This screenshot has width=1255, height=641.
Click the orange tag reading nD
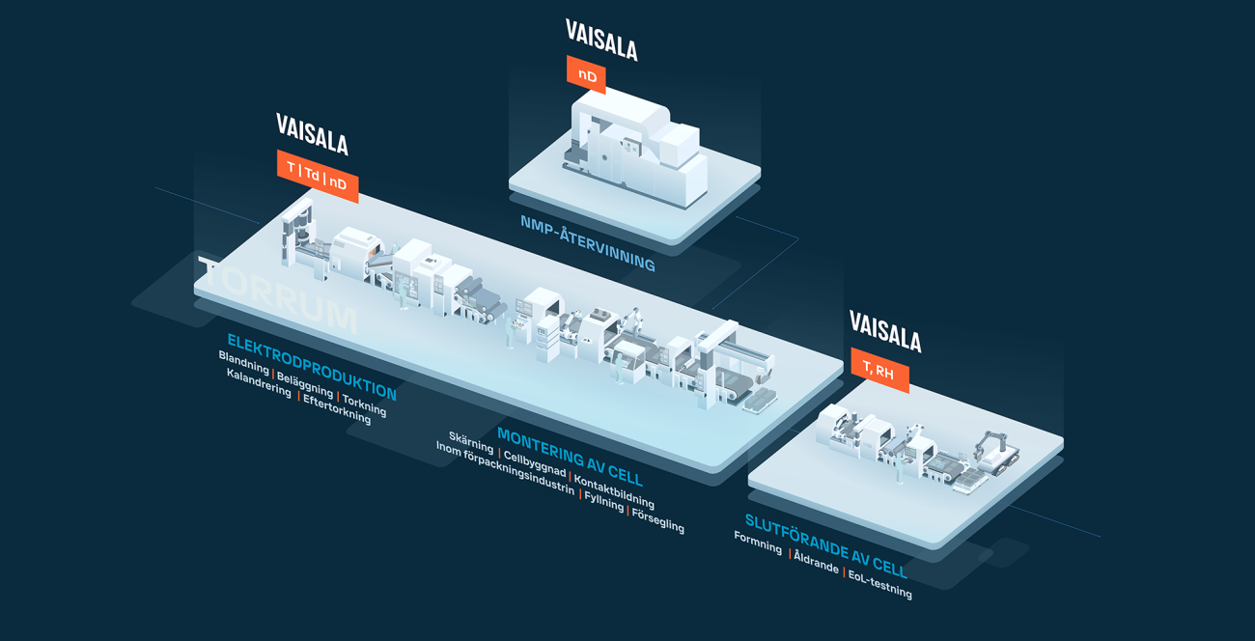point(586,74)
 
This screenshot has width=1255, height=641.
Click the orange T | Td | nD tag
point(317,176)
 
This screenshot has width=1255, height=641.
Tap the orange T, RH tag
point(878,370)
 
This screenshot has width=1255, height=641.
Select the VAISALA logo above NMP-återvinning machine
point(601,40)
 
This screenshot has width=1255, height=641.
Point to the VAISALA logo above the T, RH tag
point(884,331)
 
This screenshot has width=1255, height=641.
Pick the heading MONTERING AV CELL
point(569,456)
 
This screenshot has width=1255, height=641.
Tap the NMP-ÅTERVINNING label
point(587,242)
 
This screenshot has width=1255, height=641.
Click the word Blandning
point(243,363)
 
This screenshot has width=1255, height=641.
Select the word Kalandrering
point(258,382)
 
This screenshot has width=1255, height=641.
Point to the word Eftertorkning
point(336,409)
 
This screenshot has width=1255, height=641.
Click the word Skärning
point(470,441)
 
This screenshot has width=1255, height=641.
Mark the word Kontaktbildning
point(614,491)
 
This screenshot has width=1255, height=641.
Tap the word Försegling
point(657,518)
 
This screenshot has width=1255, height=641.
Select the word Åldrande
point(816,562)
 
